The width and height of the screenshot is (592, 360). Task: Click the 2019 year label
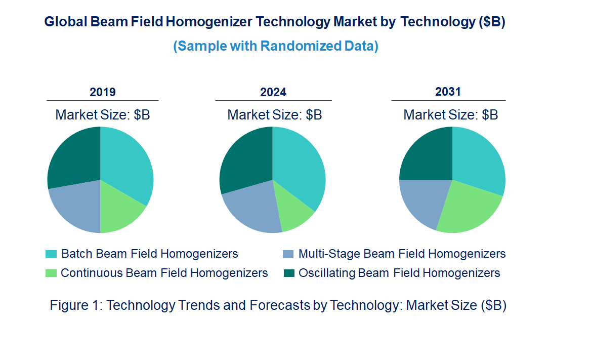click(103, 92)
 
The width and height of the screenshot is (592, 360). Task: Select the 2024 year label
click(273, 92)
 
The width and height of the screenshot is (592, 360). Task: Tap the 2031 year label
click(448, 92)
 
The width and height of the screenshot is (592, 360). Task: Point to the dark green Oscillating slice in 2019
click(73, 157)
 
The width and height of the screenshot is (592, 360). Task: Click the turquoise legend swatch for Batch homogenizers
click(51, 254)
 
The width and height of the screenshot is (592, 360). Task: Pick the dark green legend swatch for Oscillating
click(288, 273)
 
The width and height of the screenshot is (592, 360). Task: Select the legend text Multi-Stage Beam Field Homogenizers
click(402, 254)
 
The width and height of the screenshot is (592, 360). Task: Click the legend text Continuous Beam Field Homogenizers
click(164, 273)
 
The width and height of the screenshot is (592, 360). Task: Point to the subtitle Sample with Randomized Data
click(276, 46)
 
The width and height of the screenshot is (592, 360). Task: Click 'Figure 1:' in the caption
click(76, 306)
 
